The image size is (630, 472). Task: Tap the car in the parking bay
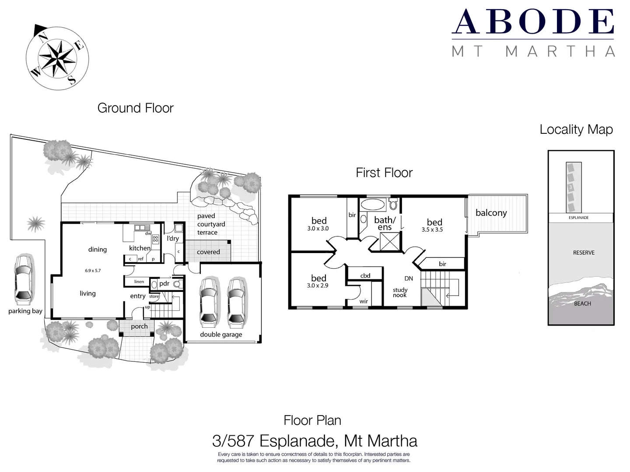tap(23, 280)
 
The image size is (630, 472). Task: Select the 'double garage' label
tap(221, 334)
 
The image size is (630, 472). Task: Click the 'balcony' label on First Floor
tap(491, 213)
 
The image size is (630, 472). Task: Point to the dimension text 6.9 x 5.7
tap(93, 271)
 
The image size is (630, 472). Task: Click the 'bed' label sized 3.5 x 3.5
tap(434, 222)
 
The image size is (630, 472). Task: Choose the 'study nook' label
tap(400, 292)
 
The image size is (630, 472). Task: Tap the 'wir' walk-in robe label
tap(364, 301)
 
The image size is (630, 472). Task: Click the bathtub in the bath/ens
tap(373, 205)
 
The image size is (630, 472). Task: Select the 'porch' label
tap(139, 326)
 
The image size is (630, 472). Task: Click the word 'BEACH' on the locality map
tap(582, 304)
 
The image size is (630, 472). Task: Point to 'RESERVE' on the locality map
tap(584, 253)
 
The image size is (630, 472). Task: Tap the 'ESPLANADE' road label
tap(578, 218)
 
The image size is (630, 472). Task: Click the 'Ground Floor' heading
tap(135, 108)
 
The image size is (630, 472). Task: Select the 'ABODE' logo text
tap(533, 22)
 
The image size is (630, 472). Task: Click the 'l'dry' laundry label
tap(173, 238)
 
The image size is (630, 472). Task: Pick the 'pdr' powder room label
tap(164, 283)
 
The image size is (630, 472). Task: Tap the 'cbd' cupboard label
tap(365, 275)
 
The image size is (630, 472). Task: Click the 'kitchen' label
tap(140, 248)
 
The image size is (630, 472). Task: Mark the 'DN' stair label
tap(409, 278)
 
